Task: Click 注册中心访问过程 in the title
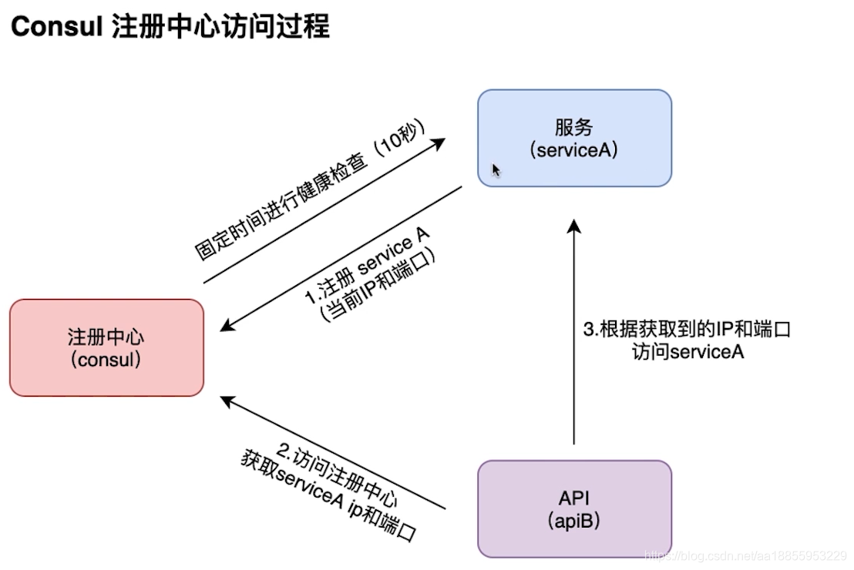coord(220,27)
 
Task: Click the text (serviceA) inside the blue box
coord(574,149)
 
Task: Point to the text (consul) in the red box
coord(106,359)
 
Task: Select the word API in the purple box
coord(574,497)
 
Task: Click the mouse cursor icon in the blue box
coord(496,170)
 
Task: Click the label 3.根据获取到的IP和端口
coord(687,330)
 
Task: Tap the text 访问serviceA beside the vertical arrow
coord(687,353)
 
